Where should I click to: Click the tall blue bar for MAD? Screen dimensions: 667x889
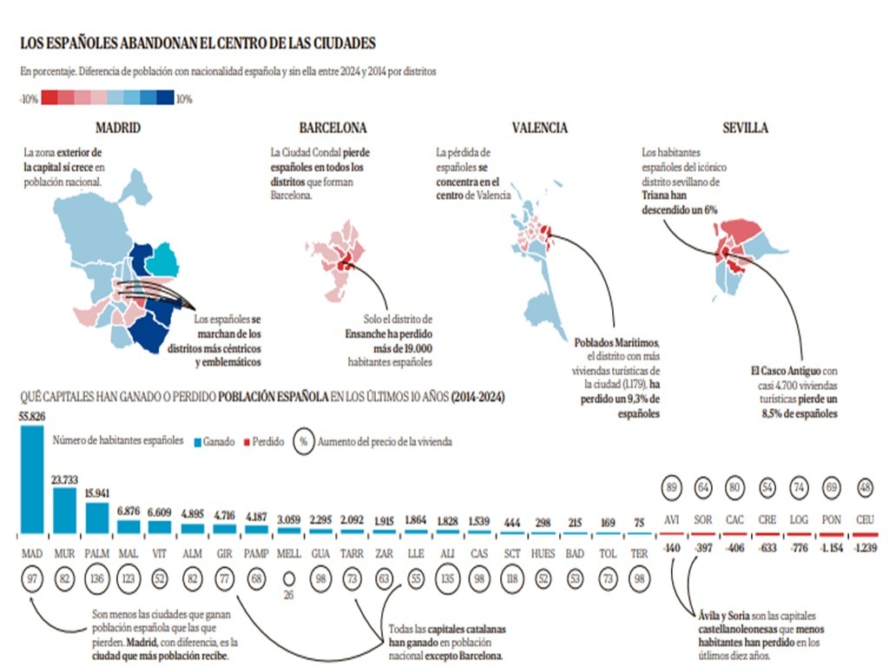(x=32, y=479)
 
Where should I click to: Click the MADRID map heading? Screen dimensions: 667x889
(x=118, y=128)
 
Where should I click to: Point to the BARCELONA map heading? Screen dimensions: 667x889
(x=333, y=128)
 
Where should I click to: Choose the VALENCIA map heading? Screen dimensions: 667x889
(x=539, y=128)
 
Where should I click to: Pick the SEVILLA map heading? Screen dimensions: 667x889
(x=745, y=128)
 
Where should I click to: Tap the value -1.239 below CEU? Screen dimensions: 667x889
(x=866, y=548)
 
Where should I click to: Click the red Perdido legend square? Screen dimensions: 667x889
(x=246, y=441)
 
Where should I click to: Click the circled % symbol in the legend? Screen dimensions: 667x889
(x=304, y=440)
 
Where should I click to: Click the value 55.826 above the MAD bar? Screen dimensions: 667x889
(x=33, y=416)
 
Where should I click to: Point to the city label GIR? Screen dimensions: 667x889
(x=224, y=552)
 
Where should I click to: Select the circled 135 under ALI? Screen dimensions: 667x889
(x=448, y=578)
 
